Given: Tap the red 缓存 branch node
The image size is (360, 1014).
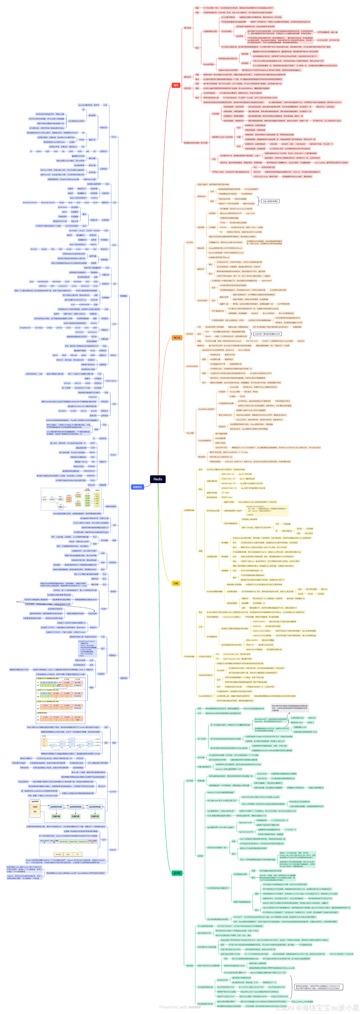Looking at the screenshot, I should (176, 85).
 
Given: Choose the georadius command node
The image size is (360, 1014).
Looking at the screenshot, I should (62, 411).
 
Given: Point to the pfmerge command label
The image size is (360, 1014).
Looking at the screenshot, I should (67, 383).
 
